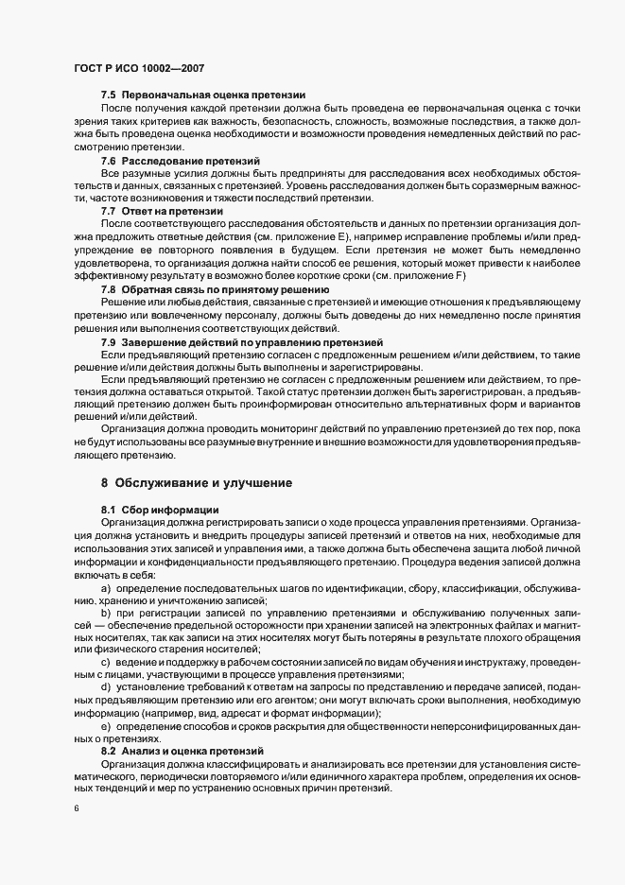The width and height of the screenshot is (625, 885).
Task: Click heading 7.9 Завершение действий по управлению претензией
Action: tap(241, 339)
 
